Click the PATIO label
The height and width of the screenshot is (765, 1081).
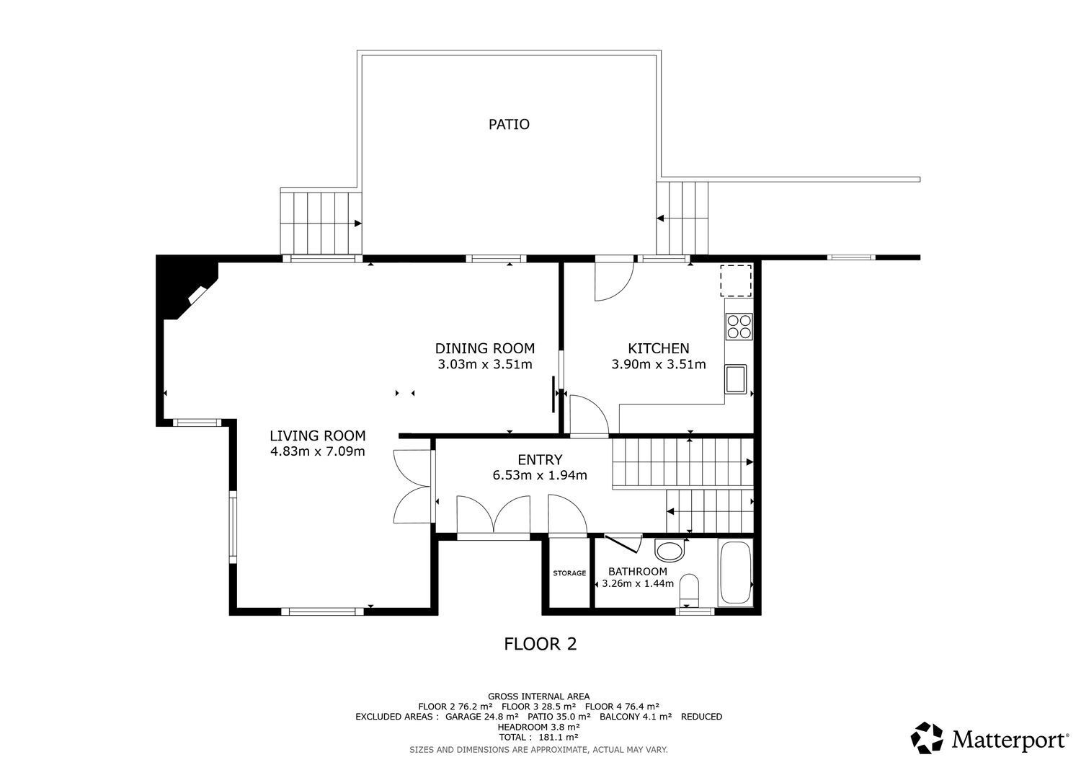pyautogui.click(x=509, y=124)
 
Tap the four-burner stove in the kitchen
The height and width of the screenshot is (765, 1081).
pyautogui.click(x=739, y=326)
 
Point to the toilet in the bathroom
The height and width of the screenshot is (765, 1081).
pyautogui.click(x=689, y=588)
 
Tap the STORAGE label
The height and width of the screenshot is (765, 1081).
pyautogui.click(x=569, y=573)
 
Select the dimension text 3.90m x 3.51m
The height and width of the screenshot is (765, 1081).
pyautogui.click(x=658, y=364)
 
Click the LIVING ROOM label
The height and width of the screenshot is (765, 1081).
pyautogui.click(x=317, y=435)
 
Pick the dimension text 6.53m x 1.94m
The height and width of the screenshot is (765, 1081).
pyautogui.click(x=540, y=475)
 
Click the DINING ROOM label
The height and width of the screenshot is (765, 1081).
pyautogui.click(x=484, y=348)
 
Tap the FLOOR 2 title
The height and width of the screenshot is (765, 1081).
pyautogui.click(x=540, y=644)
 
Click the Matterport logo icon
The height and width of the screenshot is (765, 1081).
pyautogui.click(x=927, y=738)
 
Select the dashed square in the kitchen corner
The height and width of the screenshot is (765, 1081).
pyautogui.click(x=737, y=280)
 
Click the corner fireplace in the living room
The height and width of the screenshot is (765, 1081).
pyautogui.click(x=190, y=288)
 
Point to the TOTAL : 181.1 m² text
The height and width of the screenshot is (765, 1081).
pyautogui.click(x=540, y=738)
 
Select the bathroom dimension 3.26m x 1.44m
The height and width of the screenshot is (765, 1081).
pyautogui.click(x=638, y=583)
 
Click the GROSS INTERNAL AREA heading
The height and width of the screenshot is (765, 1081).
pyautogui.click(x=538, y=697)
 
